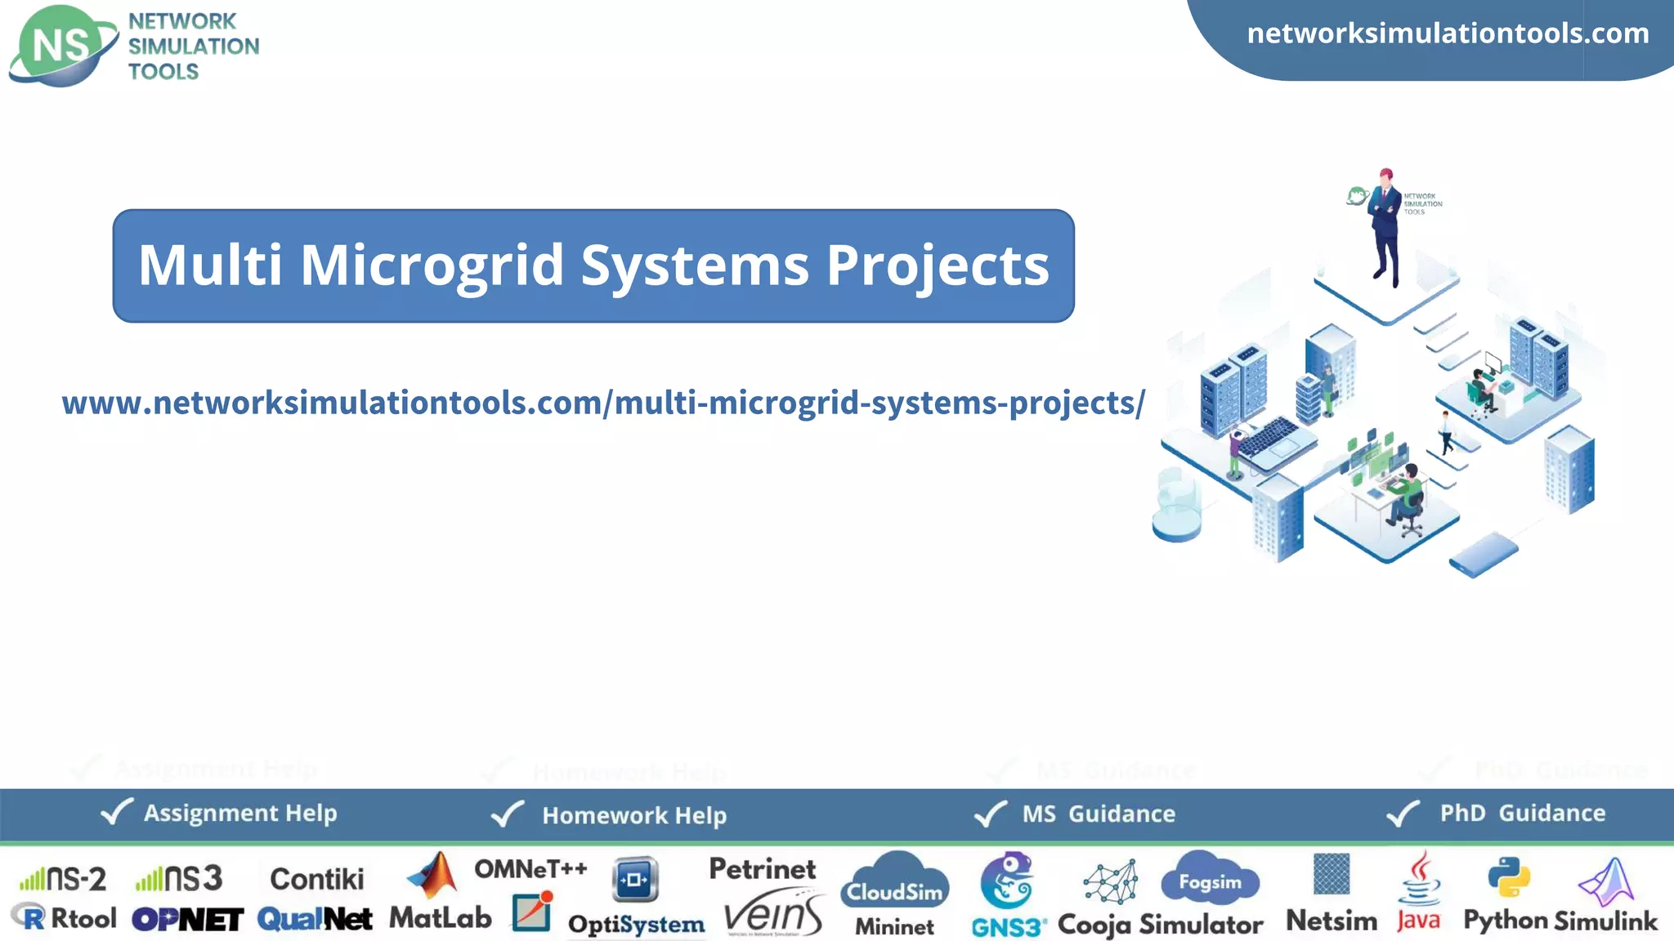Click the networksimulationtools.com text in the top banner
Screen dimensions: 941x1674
coord(1448,33)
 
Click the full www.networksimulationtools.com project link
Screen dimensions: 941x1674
coord(603,403)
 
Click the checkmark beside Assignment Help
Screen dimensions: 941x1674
coord(116,812)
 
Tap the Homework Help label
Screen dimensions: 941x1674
coord(633,815)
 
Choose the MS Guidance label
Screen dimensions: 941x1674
coord(1098,814)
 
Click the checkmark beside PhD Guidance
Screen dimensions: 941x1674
coord(1403,814)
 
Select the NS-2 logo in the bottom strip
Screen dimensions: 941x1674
coord(63,879)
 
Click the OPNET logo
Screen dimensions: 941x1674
coord(187,920)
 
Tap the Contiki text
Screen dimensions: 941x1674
coord(316,879)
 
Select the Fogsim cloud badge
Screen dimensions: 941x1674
coord(1210,879)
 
